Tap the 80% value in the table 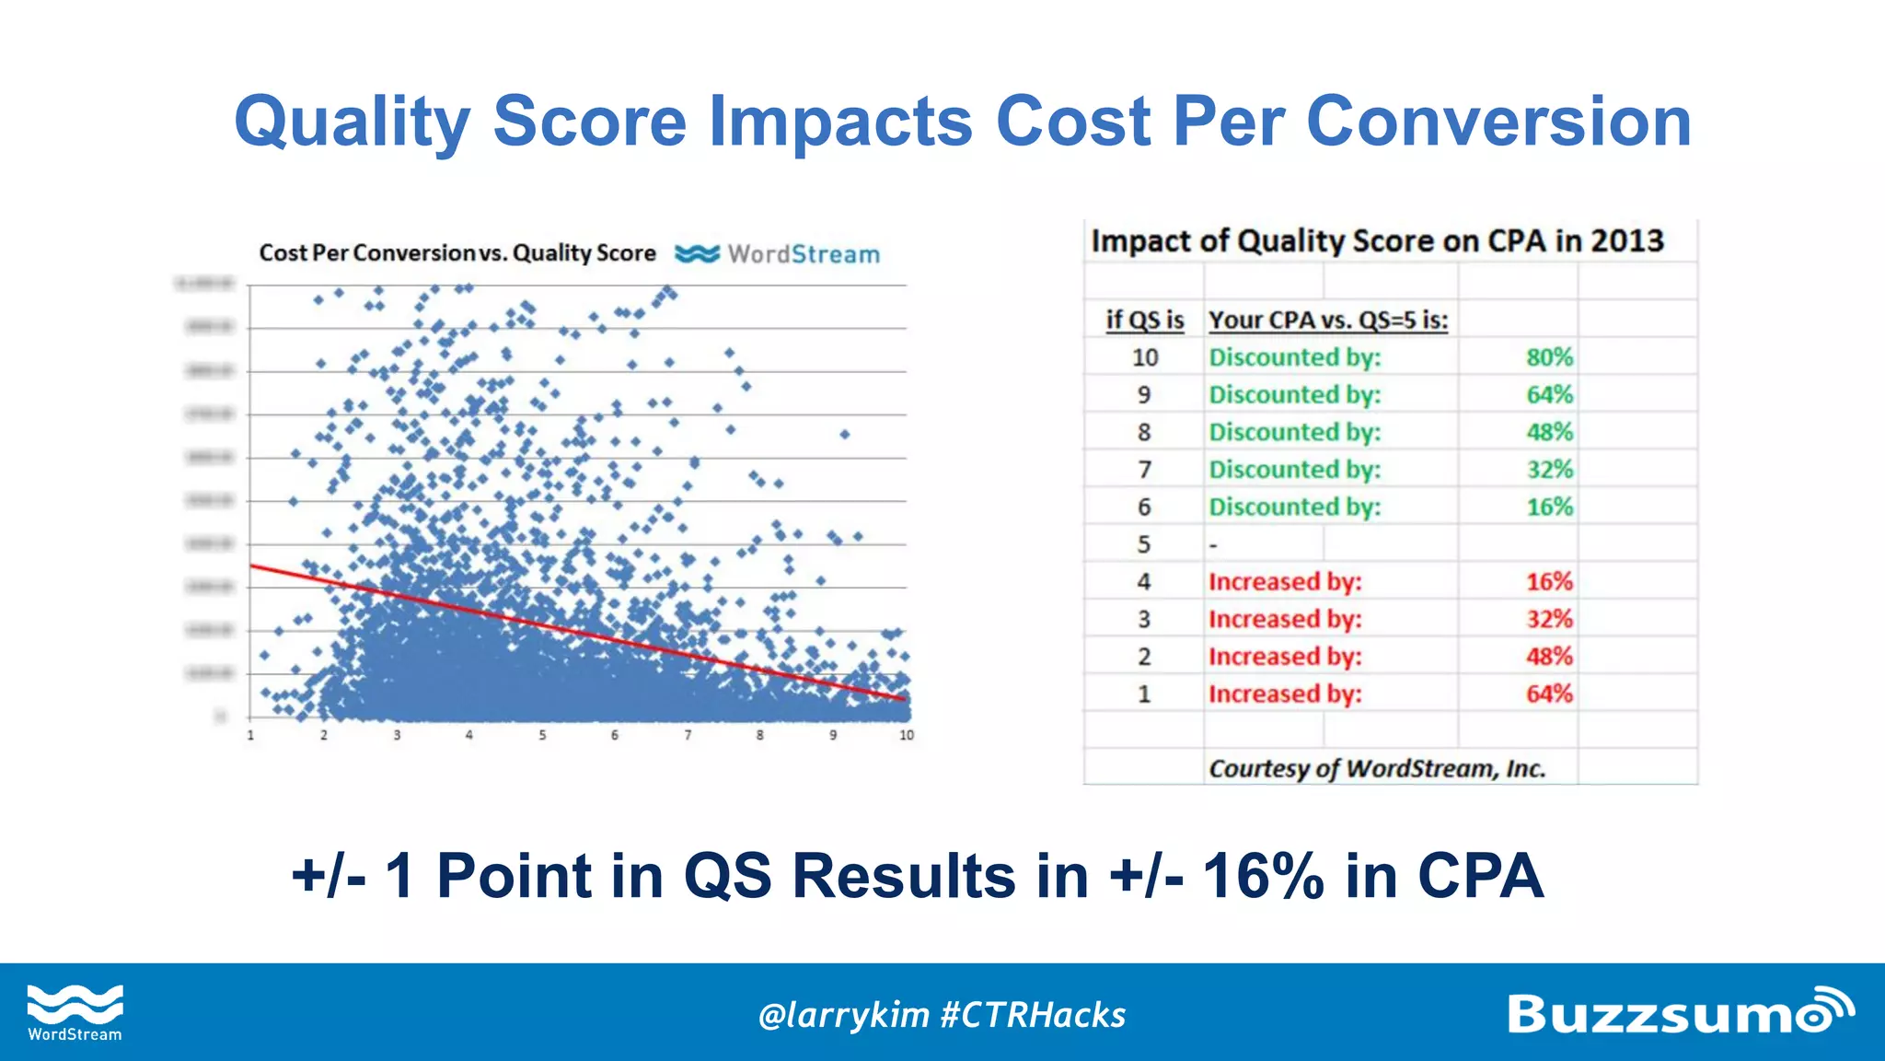tap(1549, 357)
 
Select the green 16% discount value tap(1549, 507)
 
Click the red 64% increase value tap(1549, 694)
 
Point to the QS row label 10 tap(1144, 357)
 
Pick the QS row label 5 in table tap(1143, 544)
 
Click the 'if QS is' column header tap(1144, 320)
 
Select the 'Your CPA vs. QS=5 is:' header tap(1327, 320)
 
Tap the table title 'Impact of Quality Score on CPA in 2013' tap(1377, 240)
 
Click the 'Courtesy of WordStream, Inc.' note tap(1376, 768)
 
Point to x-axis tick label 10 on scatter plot tap(907, 735)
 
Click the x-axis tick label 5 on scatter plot tap(542, 735)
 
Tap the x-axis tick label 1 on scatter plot tap(250, 735)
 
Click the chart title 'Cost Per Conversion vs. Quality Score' tap(457, 253)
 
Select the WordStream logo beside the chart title tap(778, 254)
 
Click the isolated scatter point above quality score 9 tap(844, 434)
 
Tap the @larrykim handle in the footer tap(842, 1015)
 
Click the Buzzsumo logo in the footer tap(1679, 1012)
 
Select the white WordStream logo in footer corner tap(75, 1012)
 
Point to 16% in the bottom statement tap(1263, 875)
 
